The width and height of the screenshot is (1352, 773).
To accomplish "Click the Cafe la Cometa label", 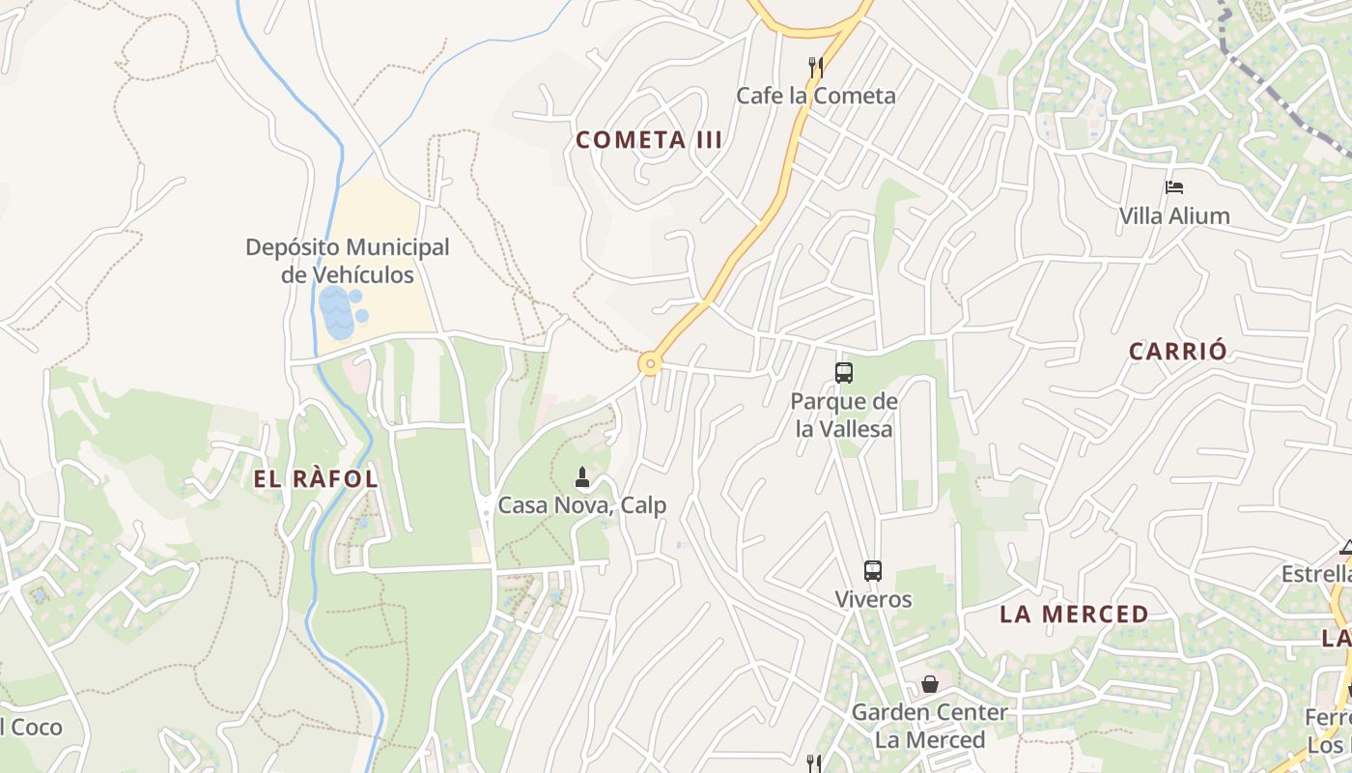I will point(816,96).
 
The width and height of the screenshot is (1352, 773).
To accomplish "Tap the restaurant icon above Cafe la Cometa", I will point(816,67).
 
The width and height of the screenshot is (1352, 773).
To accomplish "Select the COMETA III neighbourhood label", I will point(649,140).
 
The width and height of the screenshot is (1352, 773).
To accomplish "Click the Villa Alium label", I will point(1174,216).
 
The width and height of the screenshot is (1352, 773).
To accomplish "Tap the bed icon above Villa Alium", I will point(1174,187).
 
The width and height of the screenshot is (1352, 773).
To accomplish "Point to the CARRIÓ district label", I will point(1178,352).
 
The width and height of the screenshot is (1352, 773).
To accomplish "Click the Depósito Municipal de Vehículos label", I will point(348,261).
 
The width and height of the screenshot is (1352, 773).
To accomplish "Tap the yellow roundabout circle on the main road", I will point(650,364).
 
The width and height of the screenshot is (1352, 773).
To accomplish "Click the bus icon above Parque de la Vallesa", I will point(844,372).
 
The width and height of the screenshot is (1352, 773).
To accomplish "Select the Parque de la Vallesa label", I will point(844,415).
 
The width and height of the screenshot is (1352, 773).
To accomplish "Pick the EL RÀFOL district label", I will point(316,479).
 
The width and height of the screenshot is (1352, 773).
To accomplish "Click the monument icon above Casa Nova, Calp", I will point(581,476).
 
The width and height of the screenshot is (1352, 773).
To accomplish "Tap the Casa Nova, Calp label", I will point(581,505).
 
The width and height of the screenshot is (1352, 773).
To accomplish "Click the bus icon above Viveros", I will point(873,570).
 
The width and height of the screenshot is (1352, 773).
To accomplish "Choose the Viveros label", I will point(873,599).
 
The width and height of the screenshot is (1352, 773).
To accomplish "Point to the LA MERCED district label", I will point(1074,615).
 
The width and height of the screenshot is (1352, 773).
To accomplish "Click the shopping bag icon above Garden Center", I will point(929,684).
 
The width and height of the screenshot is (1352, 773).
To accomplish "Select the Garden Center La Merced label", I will point(929,726).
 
